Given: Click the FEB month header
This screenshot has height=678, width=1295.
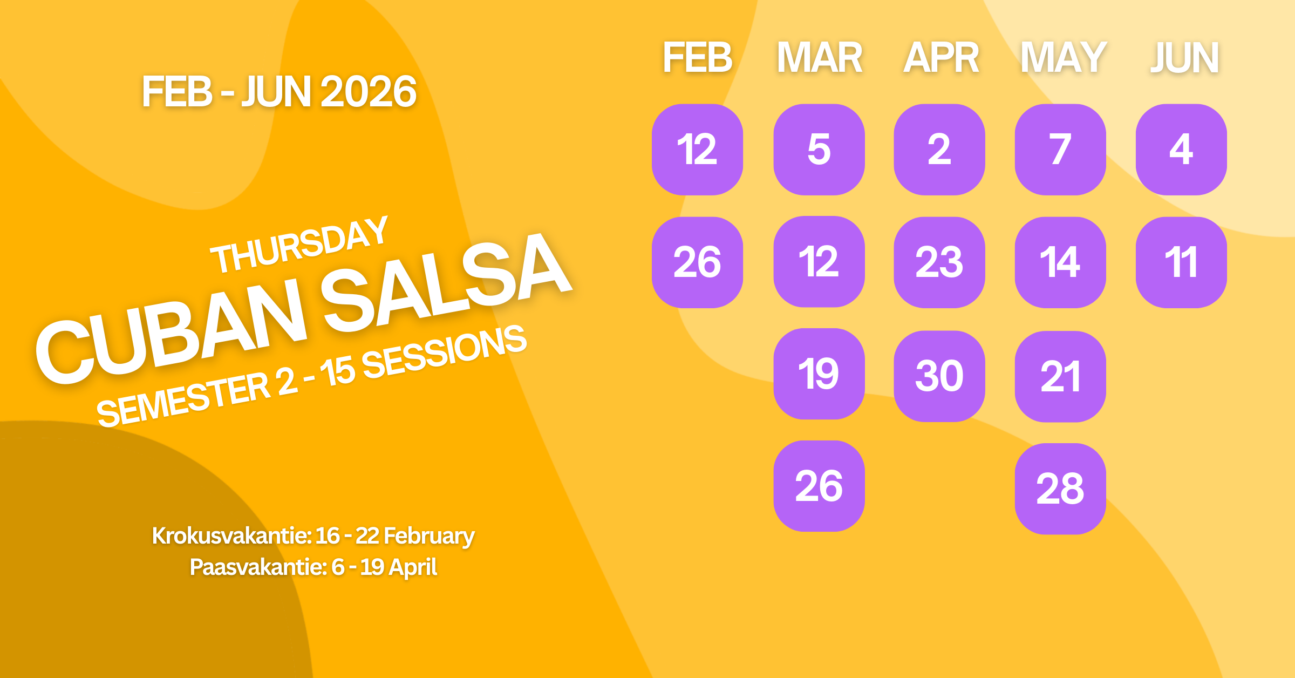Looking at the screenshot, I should click(x=697, y=57).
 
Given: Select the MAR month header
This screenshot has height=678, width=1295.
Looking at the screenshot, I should click(x=819, y=57).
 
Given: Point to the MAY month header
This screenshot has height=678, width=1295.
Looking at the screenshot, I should click(x=1062, y=57).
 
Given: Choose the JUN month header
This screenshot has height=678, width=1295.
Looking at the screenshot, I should click(x=1184, y=57).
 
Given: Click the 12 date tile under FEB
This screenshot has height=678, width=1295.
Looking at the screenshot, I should click(x=697, y=150).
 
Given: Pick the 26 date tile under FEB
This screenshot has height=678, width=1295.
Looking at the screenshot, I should click(x=697, y=262).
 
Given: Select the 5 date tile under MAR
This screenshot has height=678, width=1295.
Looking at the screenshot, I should click(x=819, y=150).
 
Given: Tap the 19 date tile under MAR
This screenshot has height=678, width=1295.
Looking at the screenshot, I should click(x=819, y=374).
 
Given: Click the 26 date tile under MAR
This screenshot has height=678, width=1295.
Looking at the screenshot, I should click(x=819, y=486).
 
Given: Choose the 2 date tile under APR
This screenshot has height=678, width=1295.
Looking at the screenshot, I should click(x=939, y=150).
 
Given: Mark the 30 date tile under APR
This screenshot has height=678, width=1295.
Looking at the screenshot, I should click(x=939, y=376).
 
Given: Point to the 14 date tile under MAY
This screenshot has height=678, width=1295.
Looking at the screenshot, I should click(x=1060, y=262).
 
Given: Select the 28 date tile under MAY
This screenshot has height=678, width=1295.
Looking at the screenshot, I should click(x=1060, y=489).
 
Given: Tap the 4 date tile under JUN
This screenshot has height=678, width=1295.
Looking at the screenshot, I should click(x=1181, y=150).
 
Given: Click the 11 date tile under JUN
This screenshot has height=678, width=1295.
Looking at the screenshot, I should click(x=1181, y=262).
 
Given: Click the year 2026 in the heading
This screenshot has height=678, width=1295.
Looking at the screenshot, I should click(x=368, y=92).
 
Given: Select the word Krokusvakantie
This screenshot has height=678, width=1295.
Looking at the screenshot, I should click(x=231, y=536).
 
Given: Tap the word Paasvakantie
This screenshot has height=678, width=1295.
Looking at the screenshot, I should click(x=258, y=567).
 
